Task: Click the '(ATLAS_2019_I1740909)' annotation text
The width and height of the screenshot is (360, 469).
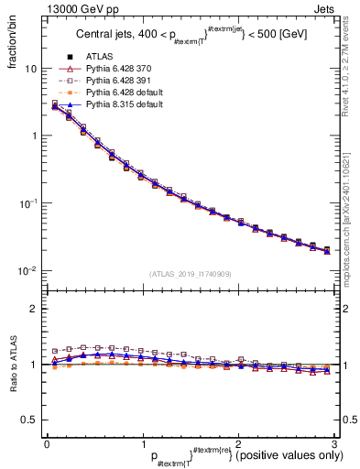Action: (x=190, y=274)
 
